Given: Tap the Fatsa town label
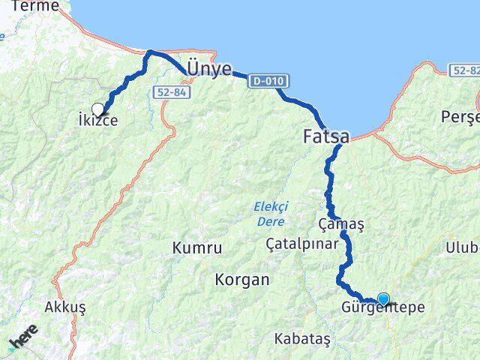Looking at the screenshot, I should coord(325,137).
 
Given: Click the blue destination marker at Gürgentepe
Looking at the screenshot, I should coord(384,299).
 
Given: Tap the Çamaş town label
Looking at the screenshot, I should coord(341,224).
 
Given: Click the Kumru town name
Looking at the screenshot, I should coord(197,247).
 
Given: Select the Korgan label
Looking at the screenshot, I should coord(241,280).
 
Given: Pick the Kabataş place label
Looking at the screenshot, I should coord(302,338).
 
